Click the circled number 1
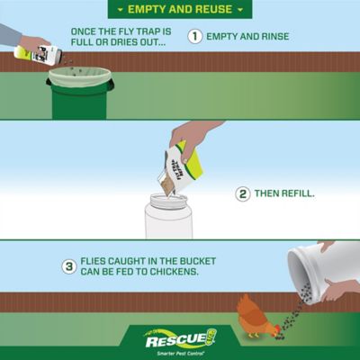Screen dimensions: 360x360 point(194,37)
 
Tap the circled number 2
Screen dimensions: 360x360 point(243,193)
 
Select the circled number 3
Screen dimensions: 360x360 point(68,266)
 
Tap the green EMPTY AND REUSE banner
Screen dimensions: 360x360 point(180,9)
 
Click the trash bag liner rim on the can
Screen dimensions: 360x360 point(79,76)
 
